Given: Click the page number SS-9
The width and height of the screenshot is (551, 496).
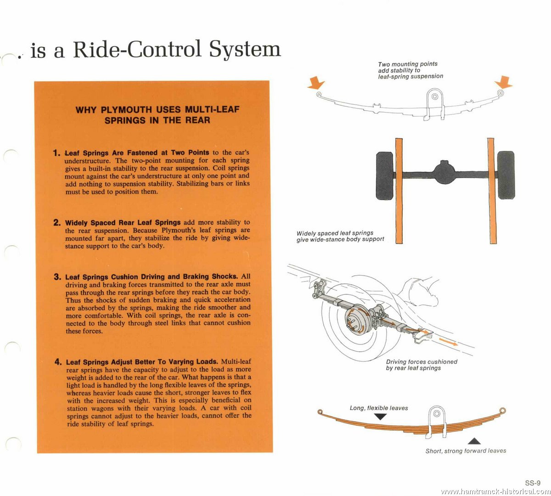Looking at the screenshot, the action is click(x=533, y=483).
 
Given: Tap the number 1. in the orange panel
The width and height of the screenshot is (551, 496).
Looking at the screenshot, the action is click(x=56, y=153).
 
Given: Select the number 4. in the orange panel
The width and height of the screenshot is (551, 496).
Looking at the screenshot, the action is click(x=58, y=361).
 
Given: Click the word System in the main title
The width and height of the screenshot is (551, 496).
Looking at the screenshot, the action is click(x=245, y=50).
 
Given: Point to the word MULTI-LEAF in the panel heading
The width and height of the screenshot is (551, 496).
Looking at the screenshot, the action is click(x=212, y=109).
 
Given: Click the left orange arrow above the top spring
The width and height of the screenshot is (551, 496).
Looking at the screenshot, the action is click(x=316, y=83).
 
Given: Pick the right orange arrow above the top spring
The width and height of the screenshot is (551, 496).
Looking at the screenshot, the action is click(x=504, y=82).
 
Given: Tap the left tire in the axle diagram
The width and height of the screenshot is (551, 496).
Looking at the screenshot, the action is click(x=385, y=175).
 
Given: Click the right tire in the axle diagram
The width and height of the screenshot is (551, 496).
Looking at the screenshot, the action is click(x=506, y=175).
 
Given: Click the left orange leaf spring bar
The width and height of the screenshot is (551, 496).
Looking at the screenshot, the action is click(x=399, y=191).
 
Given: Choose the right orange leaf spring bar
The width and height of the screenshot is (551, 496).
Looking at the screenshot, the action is click(x=492, y=191).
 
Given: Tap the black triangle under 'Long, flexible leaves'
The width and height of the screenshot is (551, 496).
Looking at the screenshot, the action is click(x=381, y=417).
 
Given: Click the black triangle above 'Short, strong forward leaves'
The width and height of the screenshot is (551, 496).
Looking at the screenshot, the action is click(x=474, y=441).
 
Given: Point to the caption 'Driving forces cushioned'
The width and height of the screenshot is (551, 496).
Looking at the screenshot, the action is click(x=422, y=361).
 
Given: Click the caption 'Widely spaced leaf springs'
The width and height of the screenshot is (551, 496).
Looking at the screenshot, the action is click(x=335, y=233).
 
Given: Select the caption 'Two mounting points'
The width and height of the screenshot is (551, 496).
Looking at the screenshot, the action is click(x=408, y=64).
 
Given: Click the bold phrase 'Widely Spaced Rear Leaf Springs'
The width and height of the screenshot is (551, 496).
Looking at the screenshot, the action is click(x=123, y=223).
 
